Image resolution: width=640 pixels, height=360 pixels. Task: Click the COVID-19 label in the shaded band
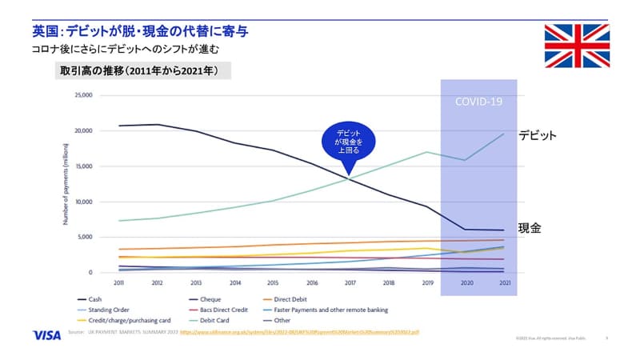pos(478,102)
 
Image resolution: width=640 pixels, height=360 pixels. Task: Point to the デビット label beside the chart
pos(537,135)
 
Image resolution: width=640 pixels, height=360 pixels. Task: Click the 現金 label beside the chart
pos(530,228)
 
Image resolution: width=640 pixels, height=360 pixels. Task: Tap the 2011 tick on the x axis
pos(119,283)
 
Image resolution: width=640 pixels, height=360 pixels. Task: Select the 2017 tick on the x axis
pos(350,283)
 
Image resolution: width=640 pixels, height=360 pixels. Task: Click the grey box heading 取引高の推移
pos(139,71)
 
